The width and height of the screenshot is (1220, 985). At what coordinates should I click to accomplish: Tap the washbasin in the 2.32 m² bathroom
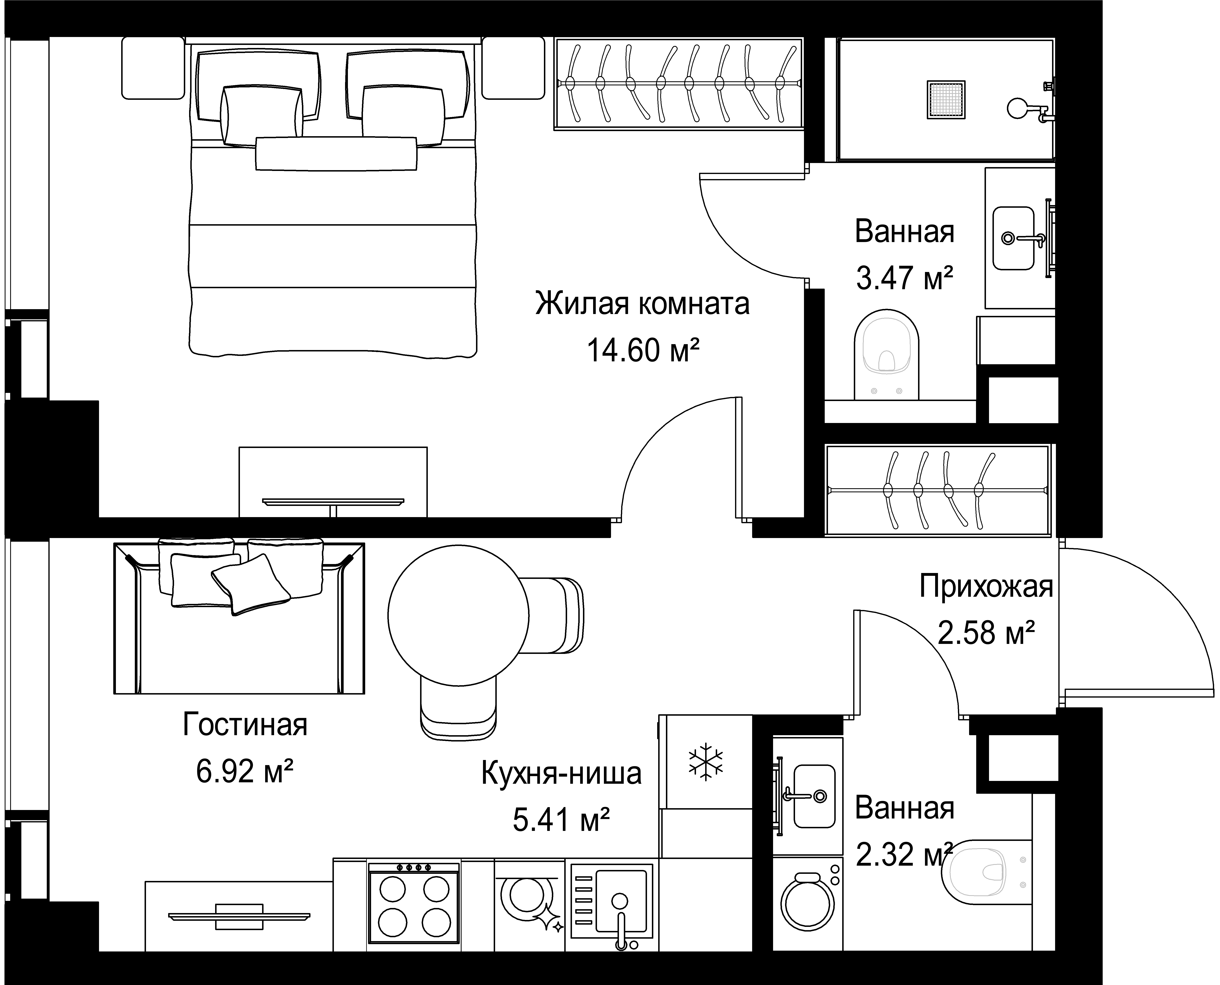(814, 796)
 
